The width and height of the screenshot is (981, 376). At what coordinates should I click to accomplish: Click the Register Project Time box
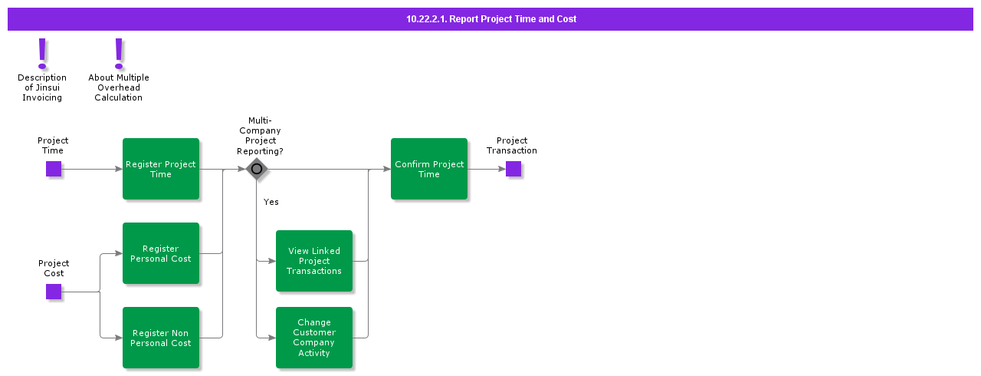tap(161, 169)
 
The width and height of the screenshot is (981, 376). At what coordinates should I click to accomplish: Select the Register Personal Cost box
tap(161, 253)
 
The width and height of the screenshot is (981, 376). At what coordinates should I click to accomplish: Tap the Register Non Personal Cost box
tap(161, 338)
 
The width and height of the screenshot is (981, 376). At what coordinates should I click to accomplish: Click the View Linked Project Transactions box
tap(314, 261)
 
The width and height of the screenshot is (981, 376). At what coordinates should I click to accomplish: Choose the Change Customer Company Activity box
tap(314, 338)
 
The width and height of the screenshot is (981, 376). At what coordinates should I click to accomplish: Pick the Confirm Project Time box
tap(429, 169)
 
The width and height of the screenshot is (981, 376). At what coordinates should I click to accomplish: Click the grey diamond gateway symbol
tap(257, 169)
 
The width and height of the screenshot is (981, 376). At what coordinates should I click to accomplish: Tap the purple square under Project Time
tap(54, 169)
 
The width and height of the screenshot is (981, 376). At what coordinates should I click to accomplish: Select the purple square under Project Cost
tap(54, 292)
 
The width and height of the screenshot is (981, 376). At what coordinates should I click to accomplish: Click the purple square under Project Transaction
tap(513, 169)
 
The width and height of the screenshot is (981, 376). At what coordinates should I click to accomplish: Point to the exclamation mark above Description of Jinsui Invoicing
tap(42, 53)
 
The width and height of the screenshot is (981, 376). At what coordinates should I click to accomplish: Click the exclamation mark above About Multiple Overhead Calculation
tap(119, 53)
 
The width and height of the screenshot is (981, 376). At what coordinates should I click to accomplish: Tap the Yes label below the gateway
tap(271, 202)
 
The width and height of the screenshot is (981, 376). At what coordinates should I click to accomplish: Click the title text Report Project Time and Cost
tap(491, 19)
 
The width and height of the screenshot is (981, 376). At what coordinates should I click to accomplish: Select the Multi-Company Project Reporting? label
tap(260, 136)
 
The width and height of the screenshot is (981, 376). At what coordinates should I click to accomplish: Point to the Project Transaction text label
tap(512, 145)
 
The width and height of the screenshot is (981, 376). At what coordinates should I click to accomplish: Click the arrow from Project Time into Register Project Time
tap(92, 169)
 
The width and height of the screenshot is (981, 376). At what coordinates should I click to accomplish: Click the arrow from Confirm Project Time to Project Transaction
tap(487, 169)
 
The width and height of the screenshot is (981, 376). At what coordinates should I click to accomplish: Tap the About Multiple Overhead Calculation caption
tap(119, 87)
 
